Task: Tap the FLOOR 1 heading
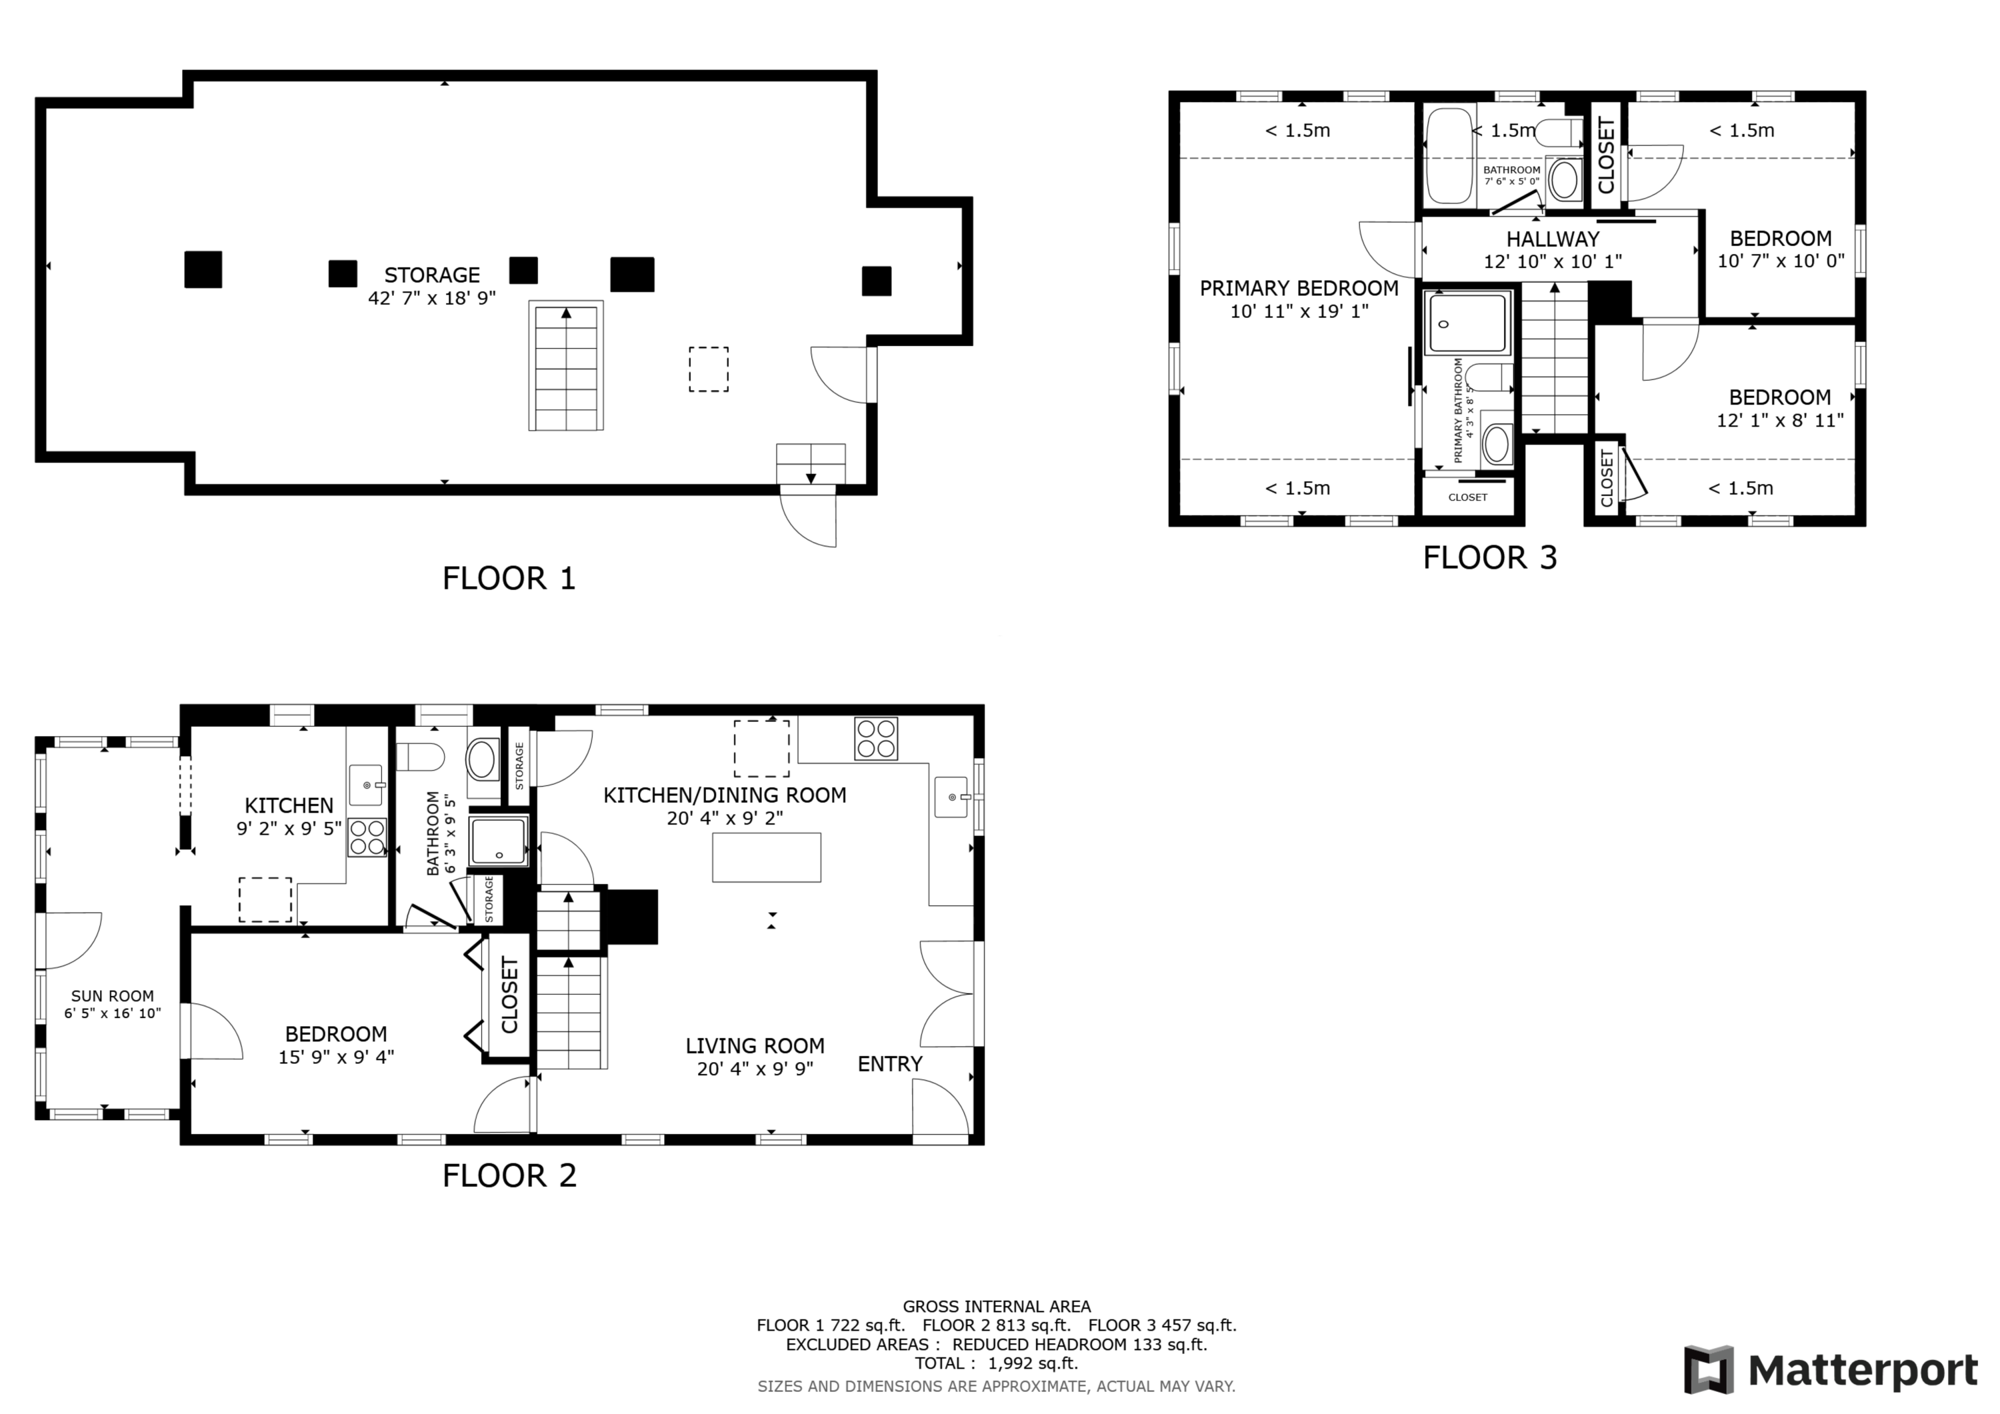(x=509, y=579)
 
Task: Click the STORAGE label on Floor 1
(x=432, y=275)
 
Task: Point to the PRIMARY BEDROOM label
(x=1299, y=289)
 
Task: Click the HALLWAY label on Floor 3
(x=1553, y=239)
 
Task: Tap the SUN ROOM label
(x=113, y=996)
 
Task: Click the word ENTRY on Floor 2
(x=889, y=1064)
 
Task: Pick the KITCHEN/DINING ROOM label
(x=725, y=795)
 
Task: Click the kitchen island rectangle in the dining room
(x=767, y=857)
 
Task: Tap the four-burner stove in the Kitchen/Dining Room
(x=875, y=738)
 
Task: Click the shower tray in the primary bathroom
(x=1467, y=323)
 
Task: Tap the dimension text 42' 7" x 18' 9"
(x=432, y=298)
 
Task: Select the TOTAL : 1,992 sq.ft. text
(x=997, y=1363)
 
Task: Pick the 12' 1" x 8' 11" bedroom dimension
(x=1781, y=420)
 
